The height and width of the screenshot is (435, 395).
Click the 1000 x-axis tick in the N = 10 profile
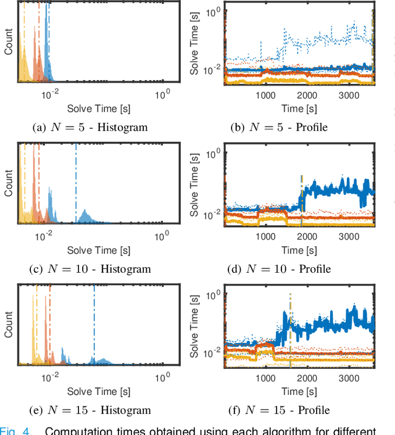pyautogui.click(x=265, y=236)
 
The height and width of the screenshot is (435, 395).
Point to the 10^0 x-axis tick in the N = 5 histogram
pyautogui.click(x=163, y=94)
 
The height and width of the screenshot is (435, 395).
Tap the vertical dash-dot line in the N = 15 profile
pyautogui.click(x=289, y=333)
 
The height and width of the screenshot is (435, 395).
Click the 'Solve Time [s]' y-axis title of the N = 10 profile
pyautogui.click(x=194, y=184)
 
